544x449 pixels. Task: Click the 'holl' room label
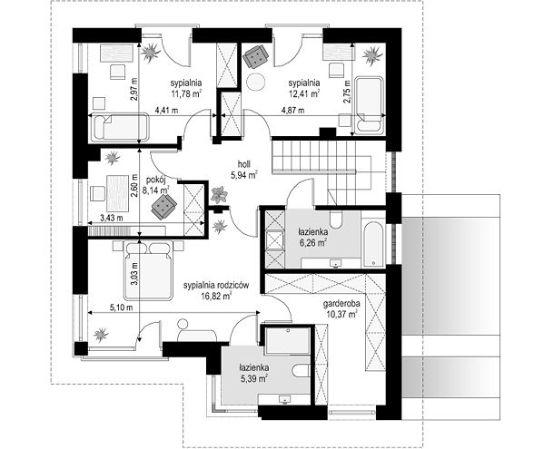tap(244, 163)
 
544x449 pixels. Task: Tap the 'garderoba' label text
tap(341, 304)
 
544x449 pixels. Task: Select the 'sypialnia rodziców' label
tap(216, 285)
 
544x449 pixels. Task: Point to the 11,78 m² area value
tap(186, 93)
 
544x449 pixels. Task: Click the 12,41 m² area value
tap(304, 93)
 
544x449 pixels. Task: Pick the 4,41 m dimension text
tap(166, 111)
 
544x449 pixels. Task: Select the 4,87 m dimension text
tap(292, 111)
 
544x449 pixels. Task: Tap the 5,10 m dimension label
tap(122, 307)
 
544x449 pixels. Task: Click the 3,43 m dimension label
tap(112, 219)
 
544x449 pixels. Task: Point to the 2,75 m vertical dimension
tap(347, 92)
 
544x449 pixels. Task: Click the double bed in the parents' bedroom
tap(149, 270)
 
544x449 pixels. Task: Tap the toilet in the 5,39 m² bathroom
tap(301, 371)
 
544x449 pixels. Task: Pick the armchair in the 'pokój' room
tap(163, 207)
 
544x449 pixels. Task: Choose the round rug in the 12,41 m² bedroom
tap(256, 83)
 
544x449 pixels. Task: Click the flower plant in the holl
tap(219, 195)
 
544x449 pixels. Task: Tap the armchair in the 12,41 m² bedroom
tap(256, 56)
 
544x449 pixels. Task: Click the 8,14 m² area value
tap(156, 190)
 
